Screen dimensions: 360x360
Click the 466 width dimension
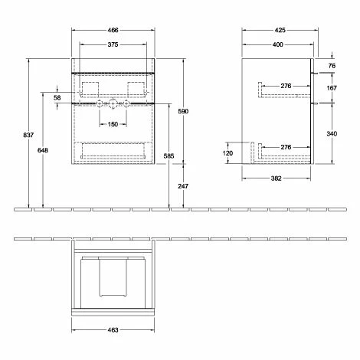pos(113,30)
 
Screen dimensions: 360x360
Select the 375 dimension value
pos(113,44)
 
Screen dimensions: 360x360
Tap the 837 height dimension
pos(28,135)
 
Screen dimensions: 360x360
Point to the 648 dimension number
pos(43,150)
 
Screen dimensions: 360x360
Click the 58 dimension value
pos(57,97)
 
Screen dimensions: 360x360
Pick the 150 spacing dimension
pos(113,124)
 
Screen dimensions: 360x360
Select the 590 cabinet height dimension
pos(183,111)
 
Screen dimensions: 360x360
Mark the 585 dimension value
pos(169,155)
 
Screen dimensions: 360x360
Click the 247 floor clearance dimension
pos(183,186)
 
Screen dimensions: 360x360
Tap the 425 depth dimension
pos(280,30)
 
